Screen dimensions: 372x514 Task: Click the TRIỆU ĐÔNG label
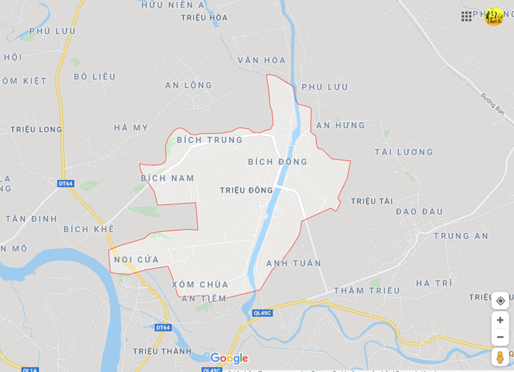[x=246, y=190]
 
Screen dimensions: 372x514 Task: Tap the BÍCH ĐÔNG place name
[x=277, y=162]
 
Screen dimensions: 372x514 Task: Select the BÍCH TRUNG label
[x=209, y=140]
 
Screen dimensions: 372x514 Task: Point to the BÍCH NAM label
[x=168, y=178]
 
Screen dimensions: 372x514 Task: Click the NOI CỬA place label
[x=136, y=259]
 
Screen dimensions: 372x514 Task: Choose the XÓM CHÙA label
[x=200, y=285]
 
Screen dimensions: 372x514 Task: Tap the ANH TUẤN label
[x=294, y=263]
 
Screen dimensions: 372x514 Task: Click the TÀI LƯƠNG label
[x=404, y=152]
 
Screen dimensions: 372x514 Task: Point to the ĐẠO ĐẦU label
[x=419, y=211]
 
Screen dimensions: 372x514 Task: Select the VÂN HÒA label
[x=262, y=60]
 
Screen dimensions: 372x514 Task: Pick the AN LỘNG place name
[x=188, y=85]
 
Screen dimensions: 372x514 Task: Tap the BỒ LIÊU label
[x=95, y=77]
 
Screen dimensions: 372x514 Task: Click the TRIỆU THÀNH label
[x=162, y=351]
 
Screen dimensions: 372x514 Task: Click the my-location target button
[x=500, y=300]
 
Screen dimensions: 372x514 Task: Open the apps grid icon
[x=466, y=16]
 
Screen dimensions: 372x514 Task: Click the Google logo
[x=229, y=358]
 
